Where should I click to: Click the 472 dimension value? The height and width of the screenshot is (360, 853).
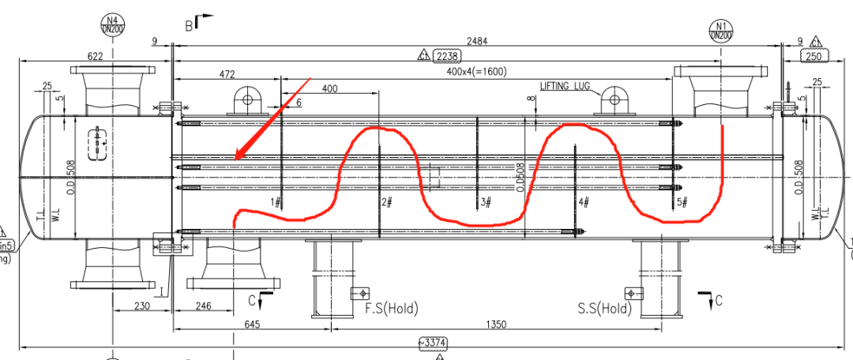pos(227,74)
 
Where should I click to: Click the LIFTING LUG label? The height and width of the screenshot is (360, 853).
pos(566,86)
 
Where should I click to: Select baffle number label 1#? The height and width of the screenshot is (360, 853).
pos(276,203)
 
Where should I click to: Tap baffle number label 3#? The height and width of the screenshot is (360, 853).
pos(486,203)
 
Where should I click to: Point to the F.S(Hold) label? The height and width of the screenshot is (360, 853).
pos(391,308)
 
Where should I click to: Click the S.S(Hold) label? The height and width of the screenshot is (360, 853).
pos(605,308)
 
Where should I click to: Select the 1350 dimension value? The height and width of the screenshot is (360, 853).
pos(495,324)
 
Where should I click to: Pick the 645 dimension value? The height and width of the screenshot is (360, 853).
pos(253,324)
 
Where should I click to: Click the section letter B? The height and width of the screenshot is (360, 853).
pos(190,25)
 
